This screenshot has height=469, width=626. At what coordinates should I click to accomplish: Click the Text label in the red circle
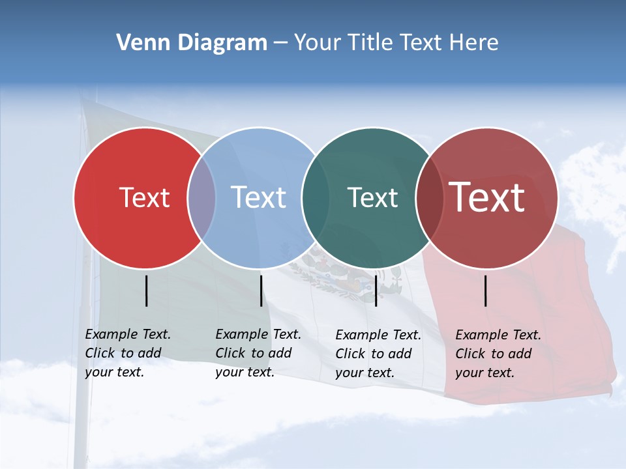click(144, 197)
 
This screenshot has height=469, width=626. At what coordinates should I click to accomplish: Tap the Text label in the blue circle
click(258, 197)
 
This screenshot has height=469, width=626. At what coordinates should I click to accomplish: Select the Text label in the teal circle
click(372, 197)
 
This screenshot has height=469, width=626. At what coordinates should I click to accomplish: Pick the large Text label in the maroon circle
click(486, 197)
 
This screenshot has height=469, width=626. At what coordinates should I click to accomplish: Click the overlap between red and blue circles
click(201, 197)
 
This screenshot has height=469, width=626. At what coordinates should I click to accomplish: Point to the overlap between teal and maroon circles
click(429, 197)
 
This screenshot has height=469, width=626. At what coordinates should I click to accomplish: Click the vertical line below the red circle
click(147, 291)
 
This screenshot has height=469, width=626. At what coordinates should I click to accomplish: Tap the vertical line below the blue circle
click(261, 291)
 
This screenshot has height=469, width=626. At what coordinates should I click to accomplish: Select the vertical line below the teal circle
click(376, 291)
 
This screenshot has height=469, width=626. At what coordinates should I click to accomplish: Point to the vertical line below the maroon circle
click(486, 291)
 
